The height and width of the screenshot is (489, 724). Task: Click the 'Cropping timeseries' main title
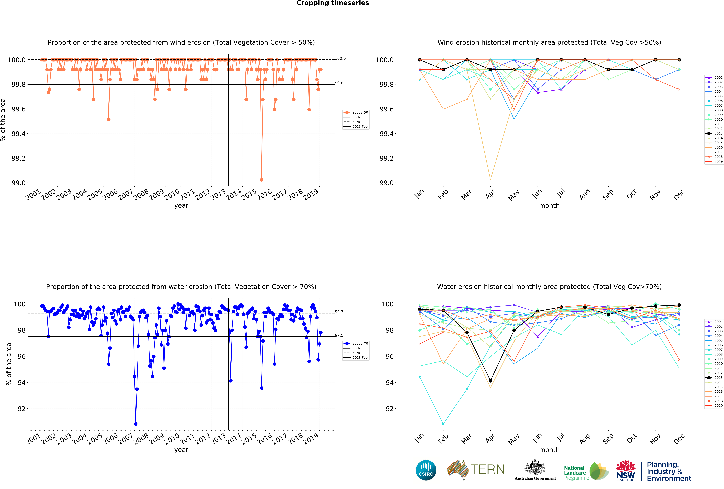click(x=332, y=3)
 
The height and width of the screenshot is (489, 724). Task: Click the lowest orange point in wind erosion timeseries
click(x=261, y=180)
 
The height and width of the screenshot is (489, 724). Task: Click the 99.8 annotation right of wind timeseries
click(x=339, y=83)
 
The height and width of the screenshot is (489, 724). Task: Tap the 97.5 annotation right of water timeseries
click(x=339, y=335)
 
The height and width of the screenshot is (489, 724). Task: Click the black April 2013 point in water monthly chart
click(x=490, y=381)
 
